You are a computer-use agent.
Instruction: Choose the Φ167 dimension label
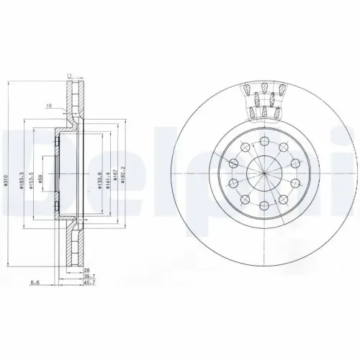click(117, 179)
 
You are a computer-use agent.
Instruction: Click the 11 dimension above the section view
click(70, 75)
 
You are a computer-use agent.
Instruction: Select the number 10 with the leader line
click(48, 107)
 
